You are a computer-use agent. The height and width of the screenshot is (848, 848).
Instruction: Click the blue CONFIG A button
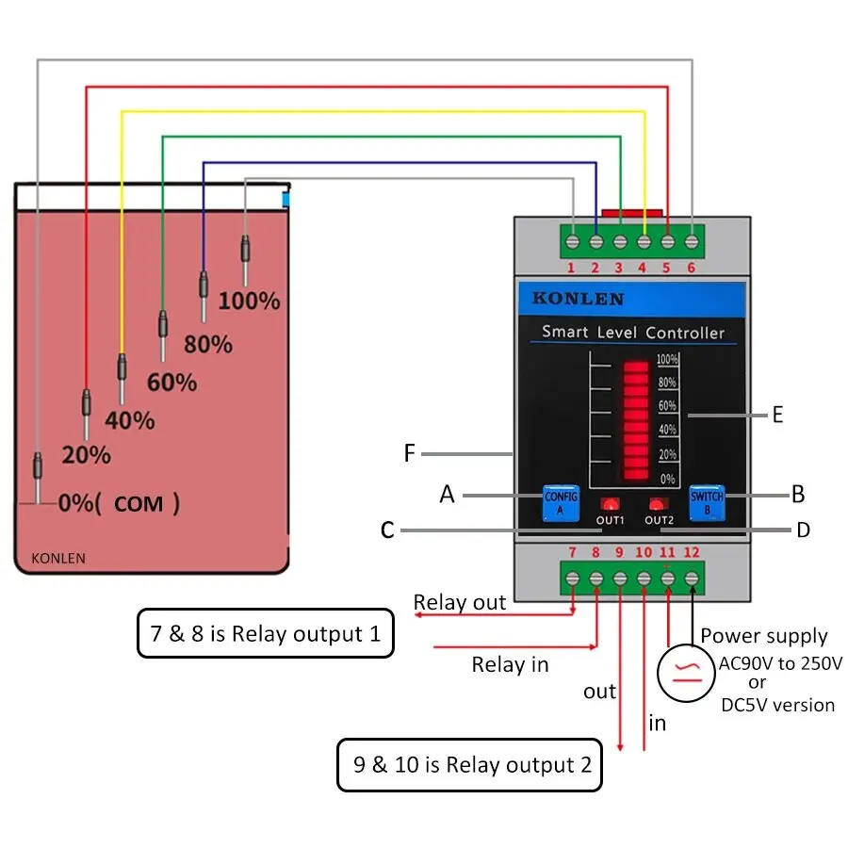point(561,503)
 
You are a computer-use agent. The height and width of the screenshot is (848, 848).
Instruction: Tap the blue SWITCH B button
point(707,503)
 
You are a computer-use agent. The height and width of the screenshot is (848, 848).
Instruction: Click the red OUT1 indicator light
point(610,505)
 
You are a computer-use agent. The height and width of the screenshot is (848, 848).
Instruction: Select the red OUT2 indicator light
point(656,505)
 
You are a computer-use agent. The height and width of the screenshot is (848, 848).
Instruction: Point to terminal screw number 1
point(572,242)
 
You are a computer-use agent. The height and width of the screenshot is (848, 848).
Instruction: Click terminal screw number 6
point(692,242)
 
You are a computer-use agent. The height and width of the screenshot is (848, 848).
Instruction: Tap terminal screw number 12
point(692,579)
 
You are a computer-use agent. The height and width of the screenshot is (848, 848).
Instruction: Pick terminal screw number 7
point(572,579)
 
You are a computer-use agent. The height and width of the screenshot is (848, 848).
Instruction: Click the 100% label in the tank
point(250,301)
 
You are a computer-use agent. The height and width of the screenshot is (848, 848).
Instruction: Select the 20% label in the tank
point(87,455)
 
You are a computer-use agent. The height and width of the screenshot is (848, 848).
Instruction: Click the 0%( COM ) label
point(119,503)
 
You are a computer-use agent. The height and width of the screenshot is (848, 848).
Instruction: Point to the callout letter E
point(777,415)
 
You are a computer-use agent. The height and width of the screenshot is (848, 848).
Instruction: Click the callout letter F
point(410,453)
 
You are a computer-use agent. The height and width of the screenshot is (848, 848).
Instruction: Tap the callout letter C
point(387,530)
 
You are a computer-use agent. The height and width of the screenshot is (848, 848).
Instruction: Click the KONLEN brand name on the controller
point(579,299)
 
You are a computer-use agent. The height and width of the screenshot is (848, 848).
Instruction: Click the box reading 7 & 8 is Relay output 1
point(266,633)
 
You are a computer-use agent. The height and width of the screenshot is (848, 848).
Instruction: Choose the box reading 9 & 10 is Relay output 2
point(469,765)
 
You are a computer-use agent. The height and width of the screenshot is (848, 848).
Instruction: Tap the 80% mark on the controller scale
point(667,383)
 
